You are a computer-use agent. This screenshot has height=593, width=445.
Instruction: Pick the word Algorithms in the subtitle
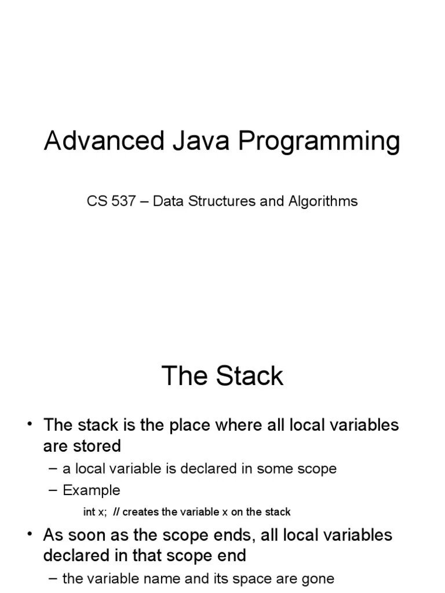pos(323,202)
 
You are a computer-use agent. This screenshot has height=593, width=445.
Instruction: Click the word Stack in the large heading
pos(250,376)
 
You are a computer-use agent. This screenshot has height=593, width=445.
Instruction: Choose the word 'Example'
pos(92,490)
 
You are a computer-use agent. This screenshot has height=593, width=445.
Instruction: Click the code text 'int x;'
pos(95,512)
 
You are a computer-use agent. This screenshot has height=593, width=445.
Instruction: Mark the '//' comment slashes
pos(116,512)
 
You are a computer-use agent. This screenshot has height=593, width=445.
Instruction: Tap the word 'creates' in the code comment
pos(140,512)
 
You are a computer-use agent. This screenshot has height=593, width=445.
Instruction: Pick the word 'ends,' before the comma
pos(235,535)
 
